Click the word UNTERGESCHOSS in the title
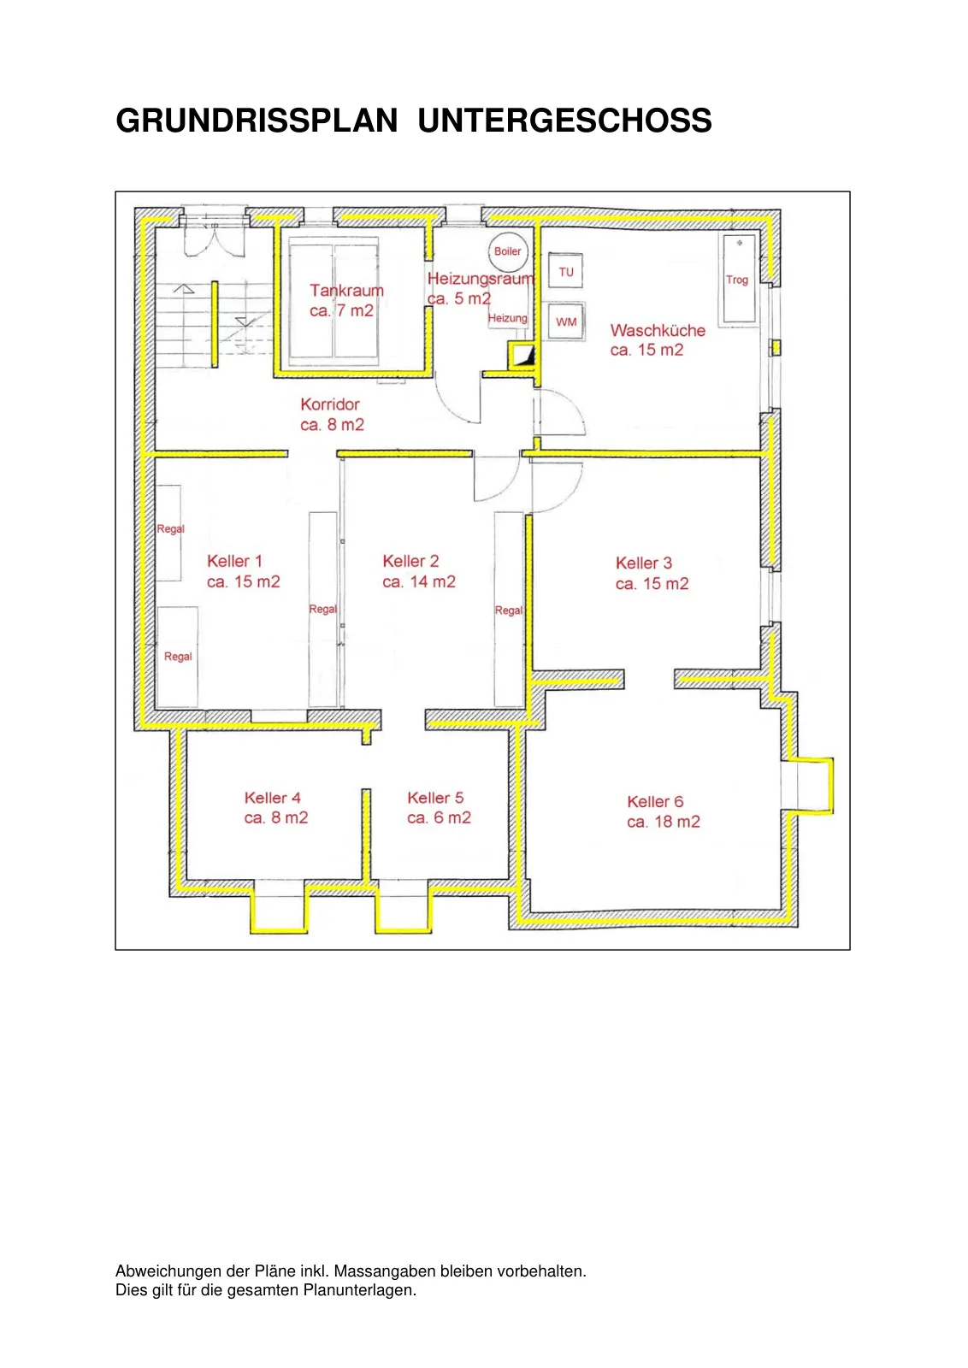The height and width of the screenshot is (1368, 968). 564,121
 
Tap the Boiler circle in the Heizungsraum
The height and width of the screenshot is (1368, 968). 507,251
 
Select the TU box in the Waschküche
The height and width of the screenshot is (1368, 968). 565,271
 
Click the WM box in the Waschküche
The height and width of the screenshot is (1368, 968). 565,321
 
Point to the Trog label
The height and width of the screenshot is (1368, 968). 736,280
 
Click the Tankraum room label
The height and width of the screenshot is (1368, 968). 346,290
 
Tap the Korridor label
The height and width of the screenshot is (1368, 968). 330,404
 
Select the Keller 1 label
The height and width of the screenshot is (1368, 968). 234,561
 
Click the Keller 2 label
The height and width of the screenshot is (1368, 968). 410,561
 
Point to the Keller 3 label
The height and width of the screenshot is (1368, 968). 644,563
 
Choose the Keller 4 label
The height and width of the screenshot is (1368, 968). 273,798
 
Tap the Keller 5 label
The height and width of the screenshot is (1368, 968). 435,798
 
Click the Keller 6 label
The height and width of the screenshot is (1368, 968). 655,802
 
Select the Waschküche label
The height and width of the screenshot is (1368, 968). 658,330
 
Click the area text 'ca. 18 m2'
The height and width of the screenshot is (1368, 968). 664,822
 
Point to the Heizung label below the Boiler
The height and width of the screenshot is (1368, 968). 507,318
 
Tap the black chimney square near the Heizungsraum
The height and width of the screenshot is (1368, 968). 523,356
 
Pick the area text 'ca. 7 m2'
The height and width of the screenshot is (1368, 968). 341,311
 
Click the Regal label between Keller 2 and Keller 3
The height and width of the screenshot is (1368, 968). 509,610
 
